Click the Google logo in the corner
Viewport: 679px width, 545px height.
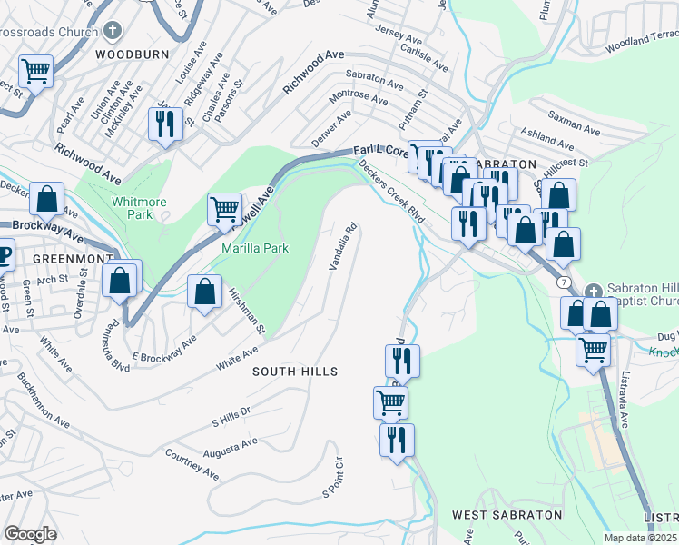(x=30, y=534)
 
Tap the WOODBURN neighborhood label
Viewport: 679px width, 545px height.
(x=132, y=54)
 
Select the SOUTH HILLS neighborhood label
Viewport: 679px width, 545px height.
(x=295, y=372)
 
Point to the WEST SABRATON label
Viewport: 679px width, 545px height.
(x=507, y=515)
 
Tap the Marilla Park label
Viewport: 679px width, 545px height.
(x=257, y=247)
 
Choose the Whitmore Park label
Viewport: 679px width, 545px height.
(x=133, y=208)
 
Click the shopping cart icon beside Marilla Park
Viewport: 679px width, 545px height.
(x=224, y=208)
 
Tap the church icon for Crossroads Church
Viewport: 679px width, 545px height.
(x=113, y=30)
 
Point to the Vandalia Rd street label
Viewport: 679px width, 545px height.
(x=343, y=246)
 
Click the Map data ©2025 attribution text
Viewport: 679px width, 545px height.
(x=640, y=538)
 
